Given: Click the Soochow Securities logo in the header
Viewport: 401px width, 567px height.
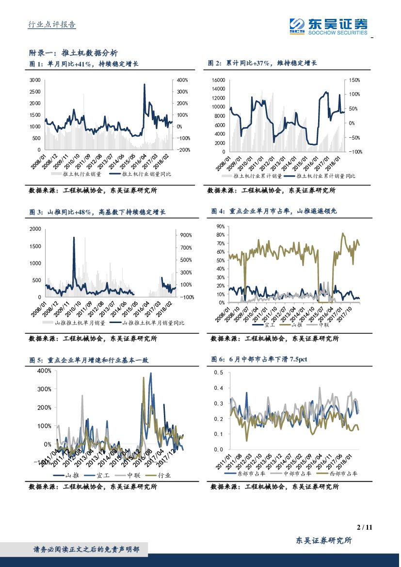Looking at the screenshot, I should tap(328, 25).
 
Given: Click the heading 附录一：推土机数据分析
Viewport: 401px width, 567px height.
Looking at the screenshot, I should tap(73, 53).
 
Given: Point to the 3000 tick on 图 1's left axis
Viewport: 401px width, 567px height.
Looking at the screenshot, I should tap(35, 80).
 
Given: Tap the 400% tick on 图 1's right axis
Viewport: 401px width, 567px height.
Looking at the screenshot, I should tap(181, 80).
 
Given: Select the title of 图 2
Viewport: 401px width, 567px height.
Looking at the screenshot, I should tap(262, 64).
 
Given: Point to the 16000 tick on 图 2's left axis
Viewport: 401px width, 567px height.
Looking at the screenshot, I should tap(219, 80).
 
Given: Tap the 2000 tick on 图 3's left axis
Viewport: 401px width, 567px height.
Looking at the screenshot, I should tap(35, 228).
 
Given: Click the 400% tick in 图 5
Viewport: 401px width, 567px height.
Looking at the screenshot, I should tap(44, 371).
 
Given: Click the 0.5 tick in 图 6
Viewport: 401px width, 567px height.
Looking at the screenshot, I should tap(220, 373).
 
